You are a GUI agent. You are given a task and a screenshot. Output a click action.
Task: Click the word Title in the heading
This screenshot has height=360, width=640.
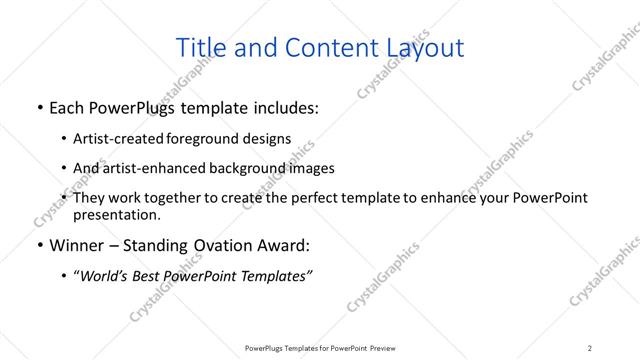tap(200, 47)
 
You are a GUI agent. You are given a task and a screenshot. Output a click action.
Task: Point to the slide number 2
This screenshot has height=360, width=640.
tap(590, 348)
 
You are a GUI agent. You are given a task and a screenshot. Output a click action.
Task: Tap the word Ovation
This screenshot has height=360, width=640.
tap(232, 246)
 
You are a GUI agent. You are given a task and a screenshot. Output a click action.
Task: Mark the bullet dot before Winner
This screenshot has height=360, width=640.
tap(38, 246)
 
